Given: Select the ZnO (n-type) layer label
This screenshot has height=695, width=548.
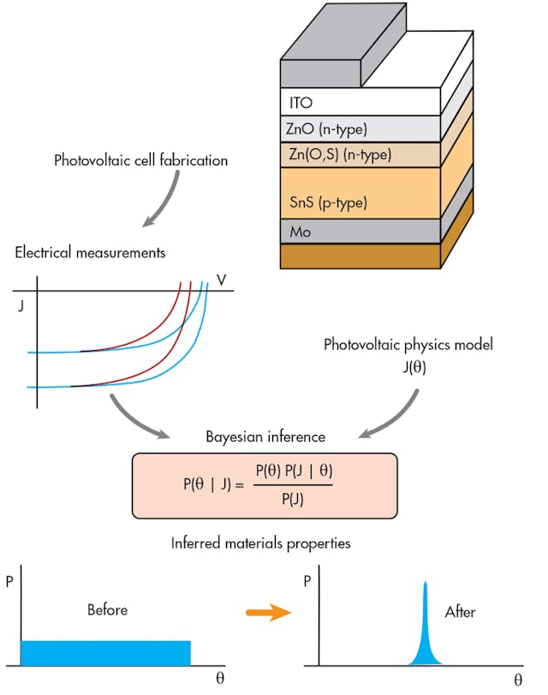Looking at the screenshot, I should coord(327,130).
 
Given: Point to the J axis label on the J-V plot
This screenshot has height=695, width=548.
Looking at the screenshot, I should coord(21,305).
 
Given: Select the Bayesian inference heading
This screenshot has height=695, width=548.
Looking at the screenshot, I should coord(265,437).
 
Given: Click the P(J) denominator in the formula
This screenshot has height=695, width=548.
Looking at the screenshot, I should coord(291,500).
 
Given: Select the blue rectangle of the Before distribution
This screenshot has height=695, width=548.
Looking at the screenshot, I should coord(105,652).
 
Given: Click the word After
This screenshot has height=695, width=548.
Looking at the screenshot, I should coord(461,612).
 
